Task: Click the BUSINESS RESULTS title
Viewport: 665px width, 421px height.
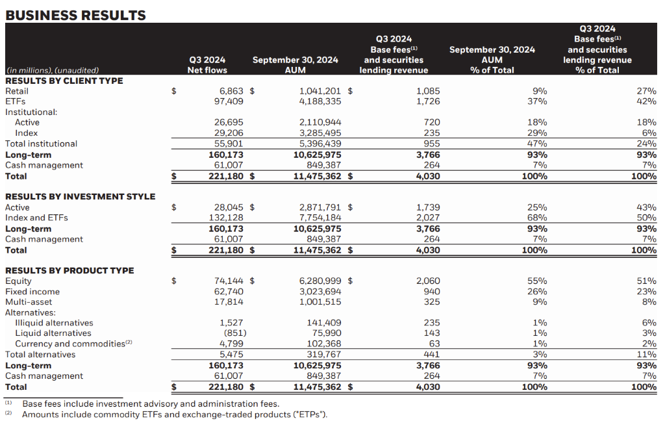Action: [75, 15]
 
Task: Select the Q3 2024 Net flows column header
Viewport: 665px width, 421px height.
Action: [207, 65]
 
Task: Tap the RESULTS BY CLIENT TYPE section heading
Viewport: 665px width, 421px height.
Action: [64, 81]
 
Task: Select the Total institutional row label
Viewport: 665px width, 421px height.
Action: [41, 144]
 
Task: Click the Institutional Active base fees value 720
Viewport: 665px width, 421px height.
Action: [431, 122]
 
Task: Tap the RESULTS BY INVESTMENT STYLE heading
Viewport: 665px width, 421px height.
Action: [81, 196]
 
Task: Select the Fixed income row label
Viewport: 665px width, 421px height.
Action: [32, 292]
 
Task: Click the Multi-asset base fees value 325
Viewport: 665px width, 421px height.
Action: [431, 301]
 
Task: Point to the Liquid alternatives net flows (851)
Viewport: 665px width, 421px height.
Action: [234, 333]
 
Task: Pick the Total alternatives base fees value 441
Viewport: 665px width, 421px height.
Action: [431, 354]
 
